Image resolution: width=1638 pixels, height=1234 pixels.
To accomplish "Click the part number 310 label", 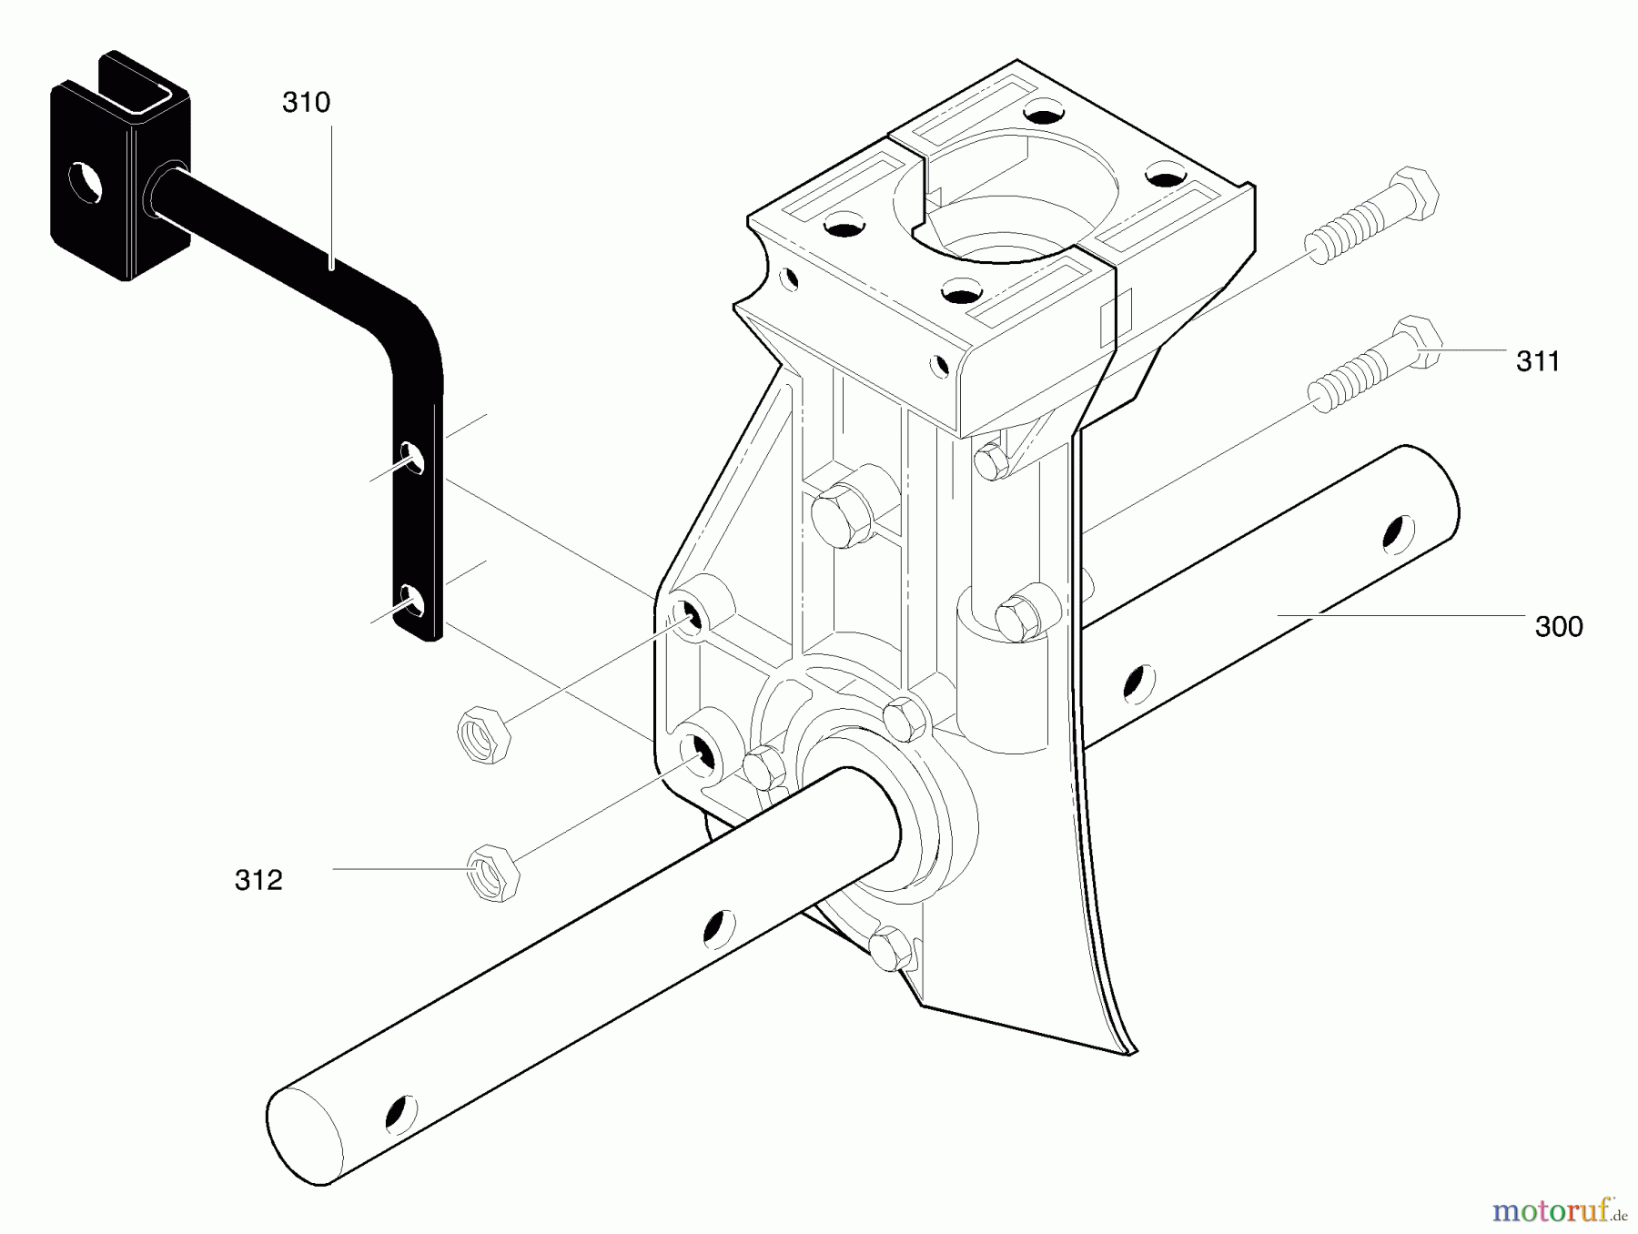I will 306,103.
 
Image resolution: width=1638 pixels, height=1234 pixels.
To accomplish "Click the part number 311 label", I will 1537,361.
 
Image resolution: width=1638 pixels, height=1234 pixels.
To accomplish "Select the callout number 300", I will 1558,626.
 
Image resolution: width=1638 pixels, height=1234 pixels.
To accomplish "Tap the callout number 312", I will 258,880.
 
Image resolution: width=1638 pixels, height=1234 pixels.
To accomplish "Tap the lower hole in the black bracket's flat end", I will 411,602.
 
